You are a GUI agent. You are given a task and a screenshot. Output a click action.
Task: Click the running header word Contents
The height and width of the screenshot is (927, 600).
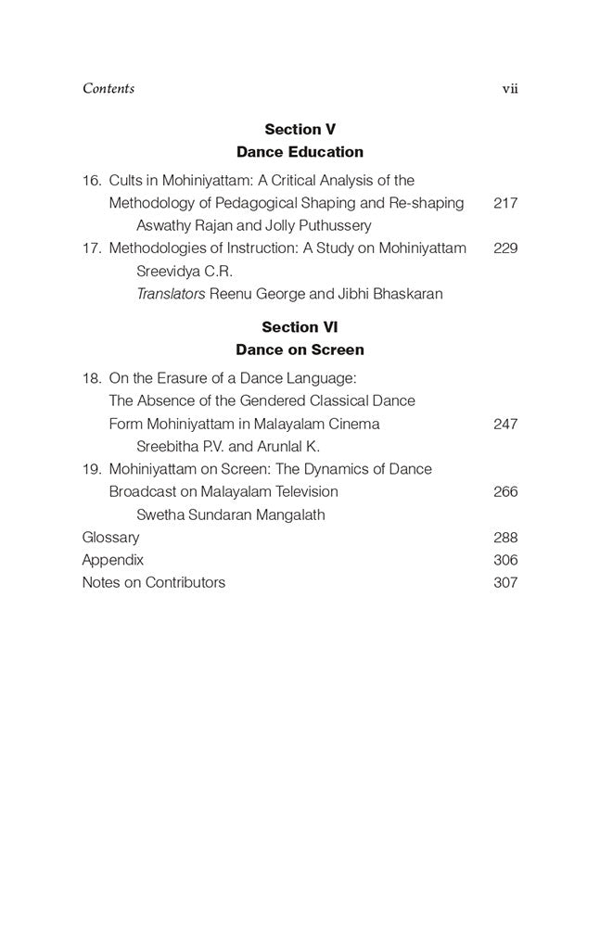(x=109, y=89)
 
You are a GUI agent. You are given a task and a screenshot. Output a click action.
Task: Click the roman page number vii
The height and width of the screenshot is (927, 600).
(x=509, y=89)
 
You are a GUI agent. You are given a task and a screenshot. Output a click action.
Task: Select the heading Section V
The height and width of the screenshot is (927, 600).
(x=300, y=130)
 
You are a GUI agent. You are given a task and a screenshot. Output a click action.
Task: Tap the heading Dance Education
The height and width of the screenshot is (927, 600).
(x=300, y=152)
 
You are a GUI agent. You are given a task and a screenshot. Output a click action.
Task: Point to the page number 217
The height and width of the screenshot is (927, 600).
(x=505, y=203)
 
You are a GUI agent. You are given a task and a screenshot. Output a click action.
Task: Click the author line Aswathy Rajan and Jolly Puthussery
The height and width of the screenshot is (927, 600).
(x=253, y=225)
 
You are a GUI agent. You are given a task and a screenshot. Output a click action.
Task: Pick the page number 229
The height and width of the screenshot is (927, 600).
(x=505, y=248)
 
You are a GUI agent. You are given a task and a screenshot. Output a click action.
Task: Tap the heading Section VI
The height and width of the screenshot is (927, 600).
(x=300, y=327)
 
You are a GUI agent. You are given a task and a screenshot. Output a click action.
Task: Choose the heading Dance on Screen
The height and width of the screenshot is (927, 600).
(x=300, y=350)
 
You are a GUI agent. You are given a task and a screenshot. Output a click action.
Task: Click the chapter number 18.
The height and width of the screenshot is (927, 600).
(x=91, y=378)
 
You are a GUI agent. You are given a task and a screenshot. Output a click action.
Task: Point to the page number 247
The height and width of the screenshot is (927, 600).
(x=505, y=424)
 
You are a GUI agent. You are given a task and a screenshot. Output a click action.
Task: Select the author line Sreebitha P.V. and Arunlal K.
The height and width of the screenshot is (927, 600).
(x=228, y=446)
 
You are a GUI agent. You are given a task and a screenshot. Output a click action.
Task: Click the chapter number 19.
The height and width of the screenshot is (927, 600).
(x=91, y=469)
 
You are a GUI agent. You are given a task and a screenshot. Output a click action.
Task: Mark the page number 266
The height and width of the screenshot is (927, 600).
(x=505, y=491)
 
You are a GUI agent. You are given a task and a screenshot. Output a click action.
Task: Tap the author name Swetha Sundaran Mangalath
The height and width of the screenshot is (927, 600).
(x=231, y=514)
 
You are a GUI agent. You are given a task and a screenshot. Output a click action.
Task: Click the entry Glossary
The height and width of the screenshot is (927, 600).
(x=110, y=538)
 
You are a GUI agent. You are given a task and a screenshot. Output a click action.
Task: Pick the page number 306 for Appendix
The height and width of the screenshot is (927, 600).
(x=505, y=560)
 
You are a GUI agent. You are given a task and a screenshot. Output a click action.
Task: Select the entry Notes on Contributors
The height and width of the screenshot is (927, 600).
(x=154, y=583)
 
